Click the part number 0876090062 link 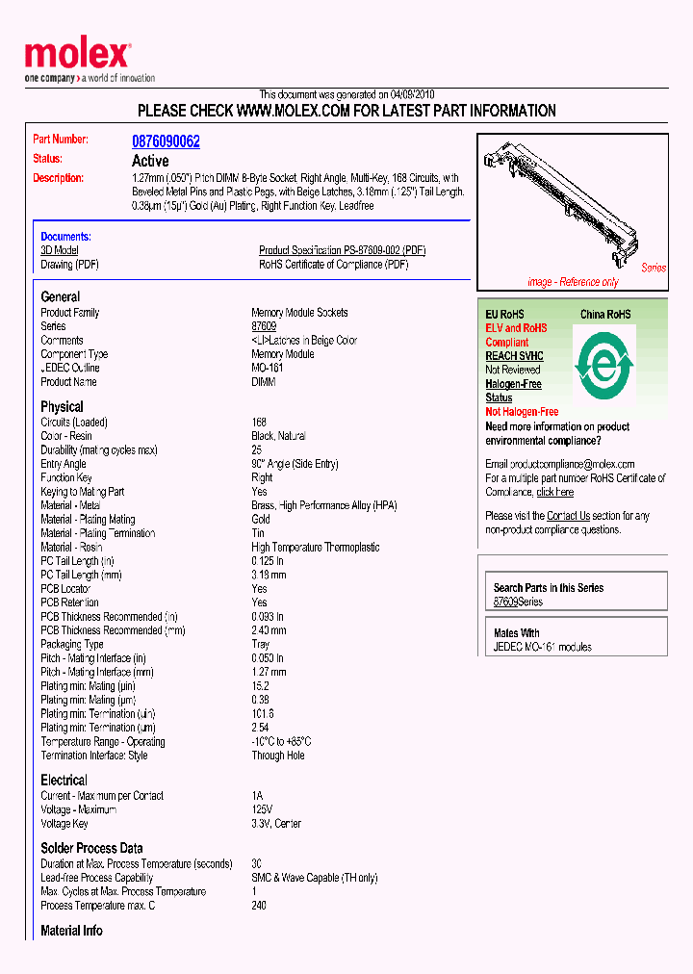click(x=166, y=141)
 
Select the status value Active click(x=150, y=161)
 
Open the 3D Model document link click(x=59, y=250)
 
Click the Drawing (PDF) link click(x=69, y=264)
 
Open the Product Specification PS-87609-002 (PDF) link click(x=342, y=250)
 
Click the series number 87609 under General click(x=264, y=326)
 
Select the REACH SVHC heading click(x=514, y=356)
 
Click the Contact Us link click(x=568, y=516)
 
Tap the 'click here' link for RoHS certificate click(x=555, y=492)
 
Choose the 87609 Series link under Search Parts click(x=518, y=602)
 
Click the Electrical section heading click(x=64, y=780)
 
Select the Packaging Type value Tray click(x=261, y=644)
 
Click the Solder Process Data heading click(x=91, y=848)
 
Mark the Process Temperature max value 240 click(x=259, y=905)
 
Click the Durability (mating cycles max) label click(x=98, y=449)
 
